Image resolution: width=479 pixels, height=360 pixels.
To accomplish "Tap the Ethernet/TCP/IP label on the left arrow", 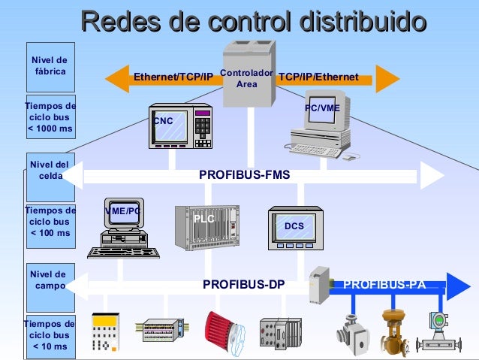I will click(x=173, y=77).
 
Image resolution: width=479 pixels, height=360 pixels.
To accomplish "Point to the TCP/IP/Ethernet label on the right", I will click(x=318, y=77).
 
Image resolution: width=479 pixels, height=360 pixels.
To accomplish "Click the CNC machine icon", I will click(x=179, y=126).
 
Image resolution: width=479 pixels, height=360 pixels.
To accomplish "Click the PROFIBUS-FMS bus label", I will click(x=244, y=175).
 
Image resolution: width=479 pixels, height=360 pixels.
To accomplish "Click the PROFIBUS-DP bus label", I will click(x=243, y=285).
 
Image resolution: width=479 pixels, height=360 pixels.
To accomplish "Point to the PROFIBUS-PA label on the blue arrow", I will click(x=384, y=285).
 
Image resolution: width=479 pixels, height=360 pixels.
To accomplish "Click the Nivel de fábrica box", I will click(x=50, y=66).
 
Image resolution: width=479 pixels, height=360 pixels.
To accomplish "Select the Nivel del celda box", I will click(x=50, y=170).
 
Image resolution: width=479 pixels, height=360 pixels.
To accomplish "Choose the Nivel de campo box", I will click(x=50, y=280).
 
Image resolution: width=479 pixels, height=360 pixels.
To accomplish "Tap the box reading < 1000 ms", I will click(x=50, y=118).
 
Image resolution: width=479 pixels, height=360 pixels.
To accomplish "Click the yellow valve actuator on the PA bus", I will click(x=392, y=329).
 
